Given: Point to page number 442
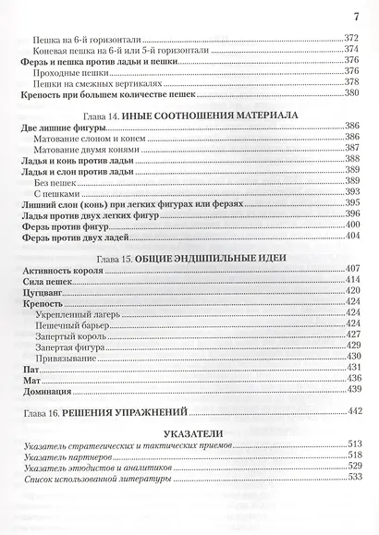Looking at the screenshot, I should (x=349, y=410).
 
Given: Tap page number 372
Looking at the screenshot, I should (x=349, y=38).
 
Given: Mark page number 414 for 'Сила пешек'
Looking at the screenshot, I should (x=349, y=278).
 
